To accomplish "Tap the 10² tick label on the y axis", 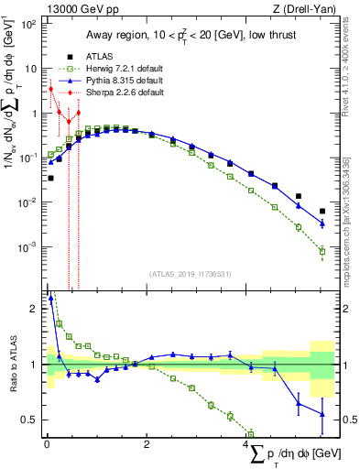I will tap(30, 23).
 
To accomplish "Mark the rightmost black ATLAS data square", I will tap(322, 211).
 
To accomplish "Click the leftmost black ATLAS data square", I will tap(50, 178).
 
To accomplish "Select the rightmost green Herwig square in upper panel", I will tap(322, 251).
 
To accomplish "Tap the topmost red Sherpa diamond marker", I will tap(50, 89).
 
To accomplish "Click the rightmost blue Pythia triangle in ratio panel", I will tap(322, 414).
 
